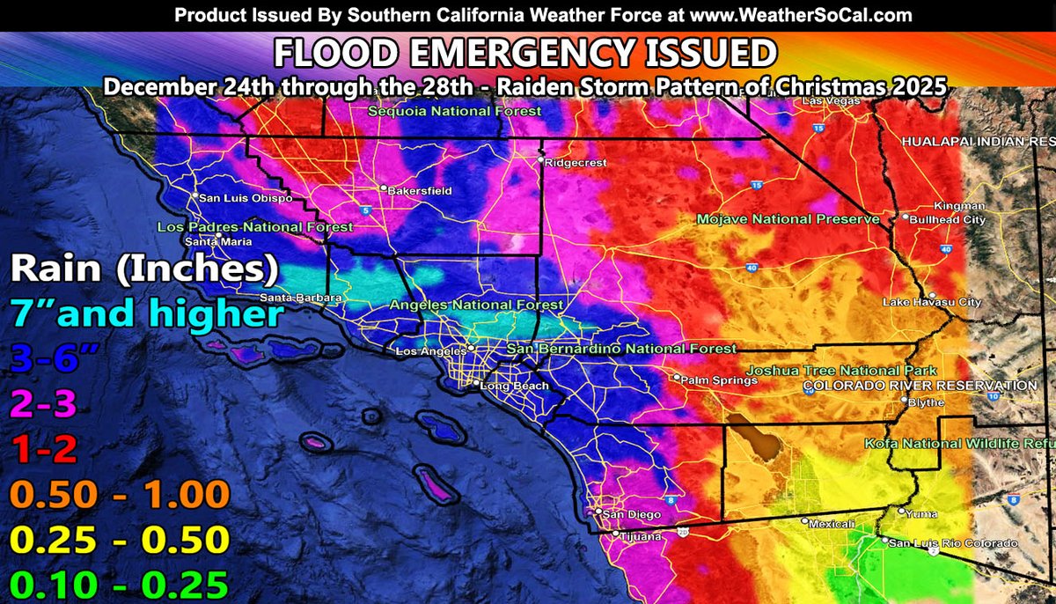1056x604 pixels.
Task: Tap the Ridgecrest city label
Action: pos(571,163)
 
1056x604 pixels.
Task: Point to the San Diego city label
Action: pos(628,512)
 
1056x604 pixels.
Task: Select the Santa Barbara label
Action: pos(293,298)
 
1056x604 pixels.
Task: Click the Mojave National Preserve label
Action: pos(788,218)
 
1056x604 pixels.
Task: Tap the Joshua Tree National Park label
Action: pos(841,371)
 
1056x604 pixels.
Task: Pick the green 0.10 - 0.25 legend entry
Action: pos(117,584)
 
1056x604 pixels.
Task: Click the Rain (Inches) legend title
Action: pos(144,267)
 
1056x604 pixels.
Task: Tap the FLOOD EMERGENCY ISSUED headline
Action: pos(524,54)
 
